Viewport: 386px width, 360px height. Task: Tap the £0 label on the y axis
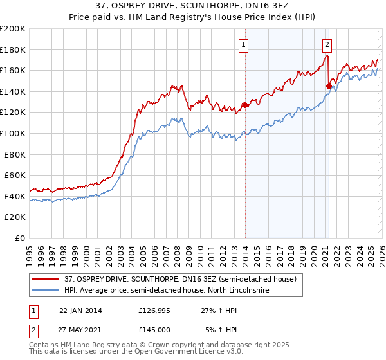click(x=21, y=238)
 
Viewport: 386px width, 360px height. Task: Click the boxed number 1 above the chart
click(x=245, y=44)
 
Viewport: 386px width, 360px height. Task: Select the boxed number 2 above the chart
click(x=327, y=44)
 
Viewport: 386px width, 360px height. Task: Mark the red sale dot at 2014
click(x=245, y=105)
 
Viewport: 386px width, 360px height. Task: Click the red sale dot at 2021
click(x=329, y=86)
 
